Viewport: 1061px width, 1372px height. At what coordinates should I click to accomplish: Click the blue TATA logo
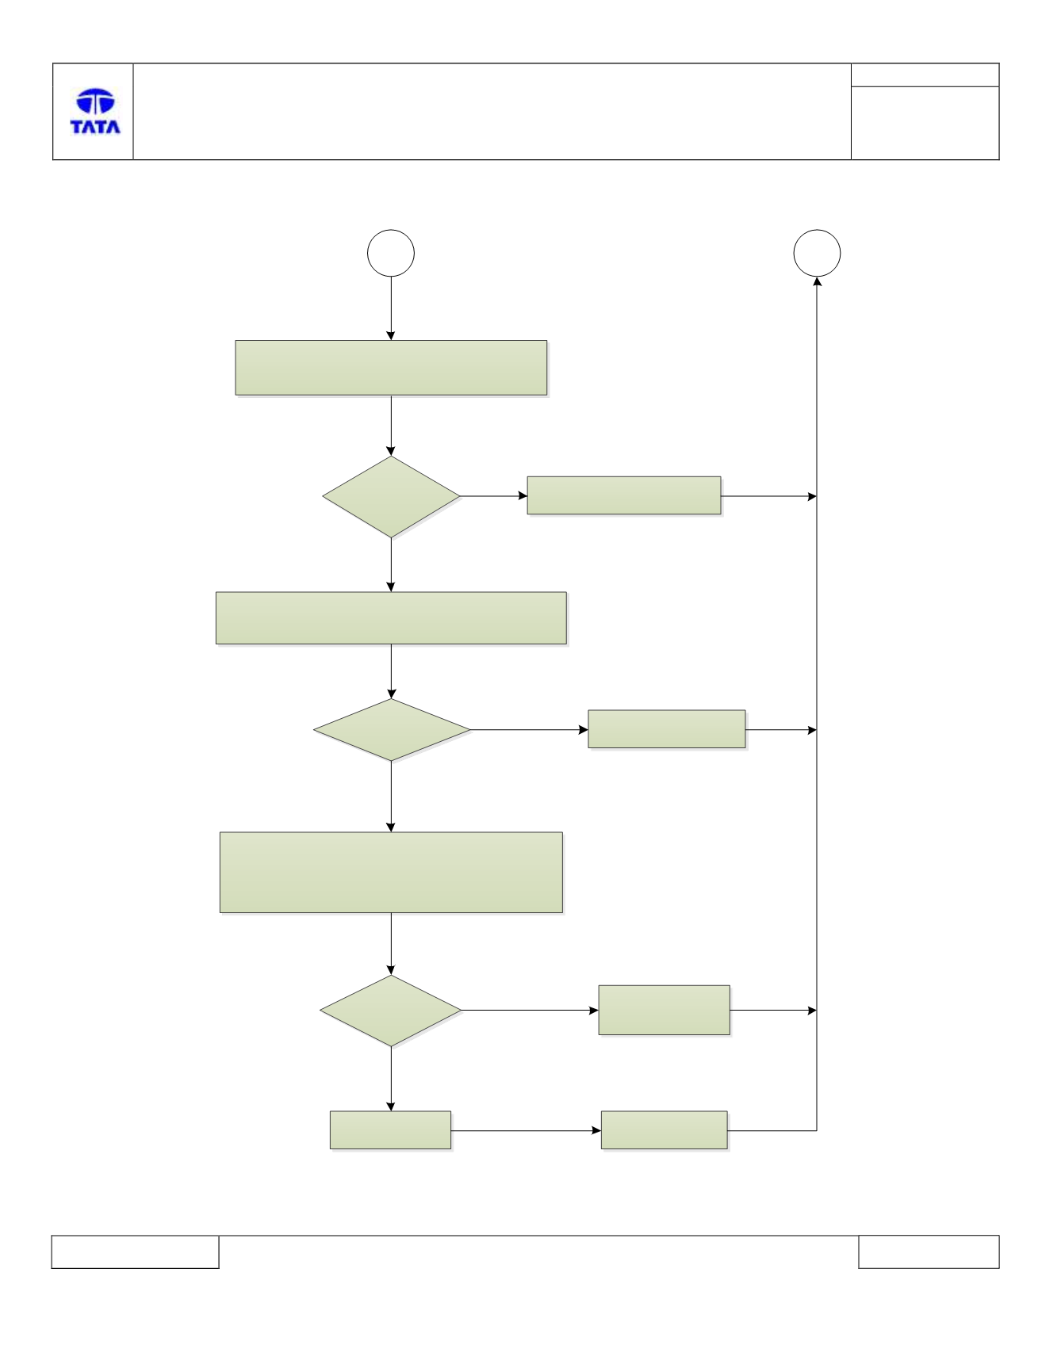pyautogui.click(x=95, y=111)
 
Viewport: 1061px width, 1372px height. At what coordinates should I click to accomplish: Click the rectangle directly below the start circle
pyautogui.click(x=391, y=368)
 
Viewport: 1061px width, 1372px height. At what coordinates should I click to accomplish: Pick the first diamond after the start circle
pyautogui.click(x=391, y=496)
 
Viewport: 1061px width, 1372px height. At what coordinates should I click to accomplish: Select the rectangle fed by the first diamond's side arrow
pyautogui.click(x=624, y=495)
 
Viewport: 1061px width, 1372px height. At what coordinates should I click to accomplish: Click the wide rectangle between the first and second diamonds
pyautogui.click(x=391, y=617)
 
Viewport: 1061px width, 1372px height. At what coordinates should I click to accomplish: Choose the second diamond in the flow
pyautogui.click(x=392, y=730)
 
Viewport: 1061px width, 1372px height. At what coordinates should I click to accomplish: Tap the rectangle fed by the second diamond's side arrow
pyautogui.click(x=667, y=729)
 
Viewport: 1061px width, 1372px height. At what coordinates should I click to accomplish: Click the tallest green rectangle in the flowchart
pyautogui.click(x=391, y=873)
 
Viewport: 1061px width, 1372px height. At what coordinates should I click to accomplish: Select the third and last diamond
pyautogui.click(x=391, y=1011)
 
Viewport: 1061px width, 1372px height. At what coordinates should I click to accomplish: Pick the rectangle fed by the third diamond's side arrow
pyautogui.click(x=665, y=1010)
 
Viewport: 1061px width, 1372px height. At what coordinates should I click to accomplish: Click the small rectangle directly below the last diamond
pyautogui.click(x=390, y=1130)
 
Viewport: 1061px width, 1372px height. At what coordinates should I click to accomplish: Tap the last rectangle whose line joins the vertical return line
pyautogui.click(x=665, y=1130)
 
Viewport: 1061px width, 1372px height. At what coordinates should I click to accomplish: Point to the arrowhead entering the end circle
pyautogui.click(x=817, y=281)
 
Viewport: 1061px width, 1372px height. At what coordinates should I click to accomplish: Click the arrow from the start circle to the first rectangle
pyautogui.click(x=391, y=308)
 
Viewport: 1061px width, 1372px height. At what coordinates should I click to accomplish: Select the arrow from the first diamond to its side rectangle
pyautogui.click(x=494, y=496)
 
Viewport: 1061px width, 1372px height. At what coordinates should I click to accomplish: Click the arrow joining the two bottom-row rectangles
pyautogui.click(x=526, y=1130)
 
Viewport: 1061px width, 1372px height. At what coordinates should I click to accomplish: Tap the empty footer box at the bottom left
pyautogui.click(x=135, y=1252)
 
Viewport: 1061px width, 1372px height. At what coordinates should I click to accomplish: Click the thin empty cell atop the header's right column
pyautogui.click(x=925, y=75)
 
